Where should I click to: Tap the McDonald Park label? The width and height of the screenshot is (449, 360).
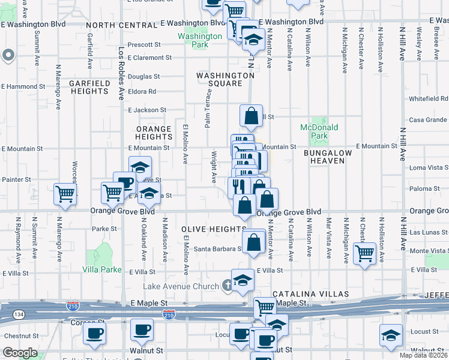click(x=319, y=131)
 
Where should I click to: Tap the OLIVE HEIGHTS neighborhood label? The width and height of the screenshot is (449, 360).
click(x=211, y=229)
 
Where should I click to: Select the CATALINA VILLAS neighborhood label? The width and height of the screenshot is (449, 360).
click(x=310, y=294)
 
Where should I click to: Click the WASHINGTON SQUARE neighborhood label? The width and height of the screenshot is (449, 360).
click(x=224, y=79)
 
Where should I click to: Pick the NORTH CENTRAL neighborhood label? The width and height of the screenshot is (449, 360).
click(x=121, y=25)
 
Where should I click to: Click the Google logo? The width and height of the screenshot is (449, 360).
click(x=20, y=353)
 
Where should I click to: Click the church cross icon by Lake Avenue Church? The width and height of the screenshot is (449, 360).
click(x=228, y=286)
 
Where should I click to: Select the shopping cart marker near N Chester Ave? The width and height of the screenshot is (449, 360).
click(x=364, y=253)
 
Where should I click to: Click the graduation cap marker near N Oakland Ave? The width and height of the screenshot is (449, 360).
click(x=140, y=167)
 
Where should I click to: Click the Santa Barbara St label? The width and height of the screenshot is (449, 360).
click(x=217, y=249)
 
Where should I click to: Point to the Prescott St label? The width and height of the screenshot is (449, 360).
click(x=144, y=44)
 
